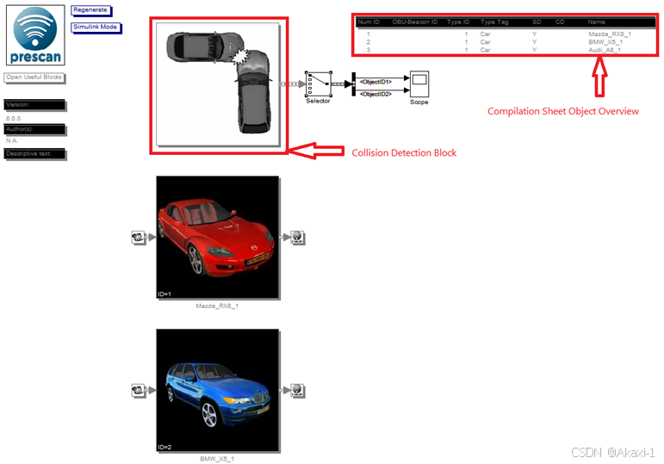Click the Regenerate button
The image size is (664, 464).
90,9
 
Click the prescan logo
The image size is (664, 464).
35,36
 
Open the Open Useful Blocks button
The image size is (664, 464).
34,77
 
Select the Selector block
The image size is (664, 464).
318,84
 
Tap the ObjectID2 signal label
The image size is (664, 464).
375,93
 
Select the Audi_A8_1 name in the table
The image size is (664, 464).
604,50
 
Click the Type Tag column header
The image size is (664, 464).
494,22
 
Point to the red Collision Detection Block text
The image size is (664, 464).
404,152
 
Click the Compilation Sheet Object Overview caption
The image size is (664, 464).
563,111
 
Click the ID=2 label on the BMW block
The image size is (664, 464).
165,448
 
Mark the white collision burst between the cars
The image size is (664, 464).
241,56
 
